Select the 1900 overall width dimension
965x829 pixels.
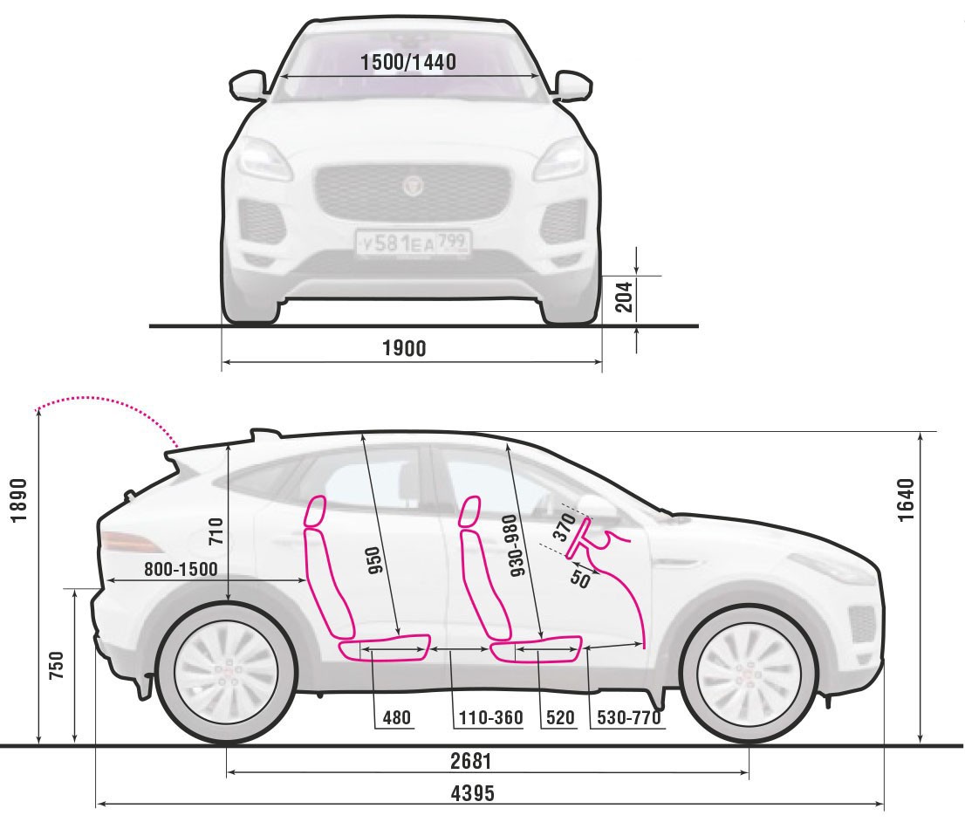coord(404,349)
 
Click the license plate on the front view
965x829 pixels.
coord(413,243)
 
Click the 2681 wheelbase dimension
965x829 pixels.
coord(471,761)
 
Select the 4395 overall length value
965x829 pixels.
coord(473,793)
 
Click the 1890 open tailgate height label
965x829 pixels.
coord(20,500)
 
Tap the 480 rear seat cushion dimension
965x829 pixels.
coord(396,718)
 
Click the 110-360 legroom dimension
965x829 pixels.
coord(491,718)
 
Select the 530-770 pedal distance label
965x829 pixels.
coord(628,718)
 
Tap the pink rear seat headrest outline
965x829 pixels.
coord(314,511)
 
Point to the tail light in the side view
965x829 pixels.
coord(131,542)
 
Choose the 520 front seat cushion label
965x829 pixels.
coord(560,718)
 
